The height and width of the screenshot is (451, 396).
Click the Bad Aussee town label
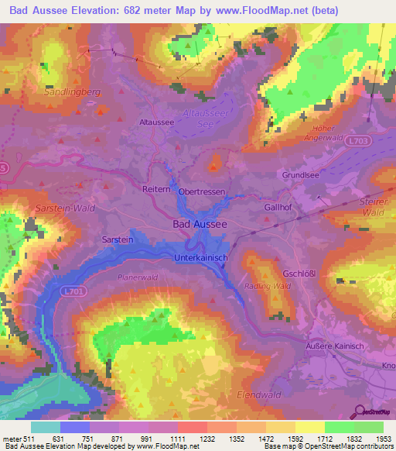pyautogui.click(x=199, y=223)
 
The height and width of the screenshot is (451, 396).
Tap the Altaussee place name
pyautogui.click(x=155, y=122)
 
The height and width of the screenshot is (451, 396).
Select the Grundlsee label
pyautogui.click(x=300, y=175)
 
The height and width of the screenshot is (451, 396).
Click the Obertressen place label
pyautogui.click(x=203, y=191)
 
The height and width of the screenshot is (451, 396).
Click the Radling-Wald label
pyautogui.click(x=268, y=285)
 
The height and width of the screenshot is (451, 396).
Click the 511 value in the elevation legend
pyautogui.click(x=31, y=439)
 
